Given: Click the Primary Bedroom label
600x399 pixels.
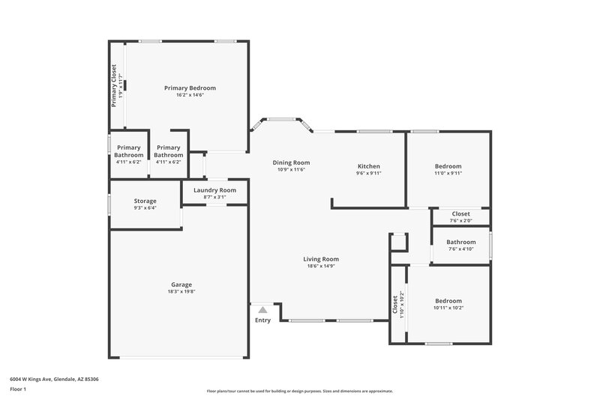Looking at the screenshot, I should coord(190,88).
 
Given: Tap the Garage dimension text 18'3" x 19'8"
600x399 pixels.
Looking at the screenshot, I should coord(181,292).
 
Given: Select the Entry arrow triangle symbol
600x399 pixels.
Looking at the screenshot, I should coord(262,309).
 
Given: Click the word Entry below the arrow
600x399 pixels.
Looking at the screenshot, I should coord(262,320).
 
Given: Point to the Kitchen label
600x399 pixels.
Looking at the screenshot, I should coord(368,165).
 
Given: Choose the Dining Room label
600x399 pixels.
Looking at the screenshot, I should coord(291,162).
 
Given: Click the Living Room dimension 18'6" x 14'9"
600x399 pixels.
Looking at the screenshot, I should coord(321,266).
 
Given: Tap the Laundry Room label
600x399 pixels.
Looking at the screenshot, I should coord(214,190).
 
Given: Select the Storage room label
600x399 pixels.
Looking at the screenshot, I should coord(145,201).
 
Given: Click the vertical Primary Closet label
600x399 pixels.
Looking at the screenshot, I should coord(114,86).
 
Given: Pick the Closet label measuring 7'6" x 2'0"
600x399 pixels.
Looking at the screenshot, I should coord(460,213).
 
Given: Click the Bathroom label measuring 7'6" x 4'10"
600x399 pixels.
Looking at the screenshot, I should coord(460,242).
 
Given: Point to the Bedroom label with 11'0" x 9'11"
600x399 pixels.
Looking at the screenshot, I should coord(448,165).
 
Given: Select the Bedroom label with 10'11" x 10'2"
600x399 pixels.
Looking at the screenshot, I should coord(448,300).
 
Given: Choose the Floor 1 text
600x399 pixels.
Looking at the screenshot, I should coord(18,389).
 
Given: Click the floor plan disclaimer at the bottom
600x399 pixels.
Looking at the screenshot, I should coord(299,391).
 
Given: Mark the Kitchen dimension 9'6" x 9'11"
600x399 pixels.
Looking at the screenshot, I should coord(368,173).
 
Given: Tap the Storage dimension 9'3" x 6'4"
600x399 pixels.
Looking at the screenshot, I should coord(145,209).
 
